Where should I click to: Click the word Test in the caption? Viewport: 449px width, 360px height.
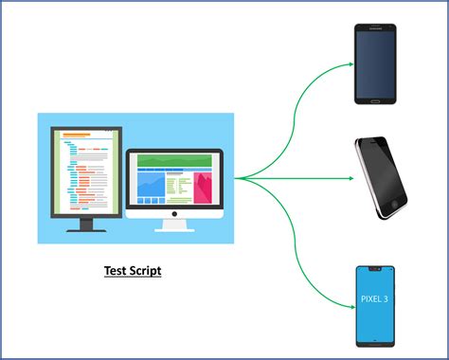(x=117, y=271)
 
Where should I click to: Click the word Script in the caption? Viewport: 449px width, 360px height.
(x=145, y=271)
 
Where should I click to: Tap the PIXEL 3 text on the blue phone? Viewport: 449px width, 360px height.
(x=374, y=300)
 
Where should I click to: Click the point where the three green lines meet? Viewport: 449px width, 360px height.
(x=237, y=177)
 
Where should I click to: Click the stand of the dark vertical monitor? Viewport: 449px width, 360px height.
(x=86, y=225)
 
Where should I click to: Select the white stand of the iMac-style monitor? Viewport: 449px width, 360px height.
(x=173, y=225)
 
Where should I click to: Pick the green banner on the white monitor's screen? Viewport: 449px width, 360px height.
(x=174, y=160)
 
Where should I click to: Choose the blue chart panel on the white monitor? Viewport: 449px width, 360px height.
(x=151, y=187)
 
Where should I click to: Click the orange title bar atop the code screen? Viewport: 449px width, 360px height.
(x=76, y=135)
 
